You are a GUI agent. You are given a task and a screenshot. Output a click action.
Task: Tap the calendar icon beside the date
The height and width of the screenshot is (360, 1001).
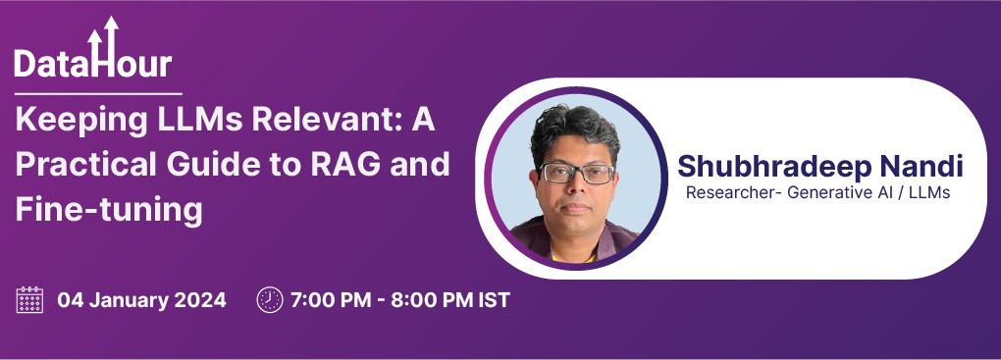(30, 300)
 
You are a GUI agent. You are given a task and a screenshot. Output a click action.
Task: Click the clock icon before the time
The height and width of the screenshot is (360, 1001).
(269, 300)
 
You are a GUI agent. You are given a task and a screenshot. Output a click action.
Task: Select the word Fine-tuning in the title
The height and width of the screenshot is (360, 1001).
(108, 209)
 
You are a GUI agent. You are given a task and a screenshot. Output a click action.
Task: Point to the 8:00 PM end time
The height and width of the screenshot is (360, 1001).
(430, 300)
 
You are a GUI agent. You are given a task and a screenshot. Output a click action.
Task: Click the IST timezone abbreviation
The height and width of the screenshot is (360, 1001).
(493, 300)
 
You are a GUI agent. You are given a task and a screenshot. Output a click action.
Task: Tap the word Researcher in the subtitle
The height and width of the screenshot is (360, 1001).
(731, 193)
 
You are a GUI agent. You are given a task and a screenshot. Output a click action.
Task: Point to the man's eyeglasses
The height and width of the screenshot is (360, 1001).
(576, 175)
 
